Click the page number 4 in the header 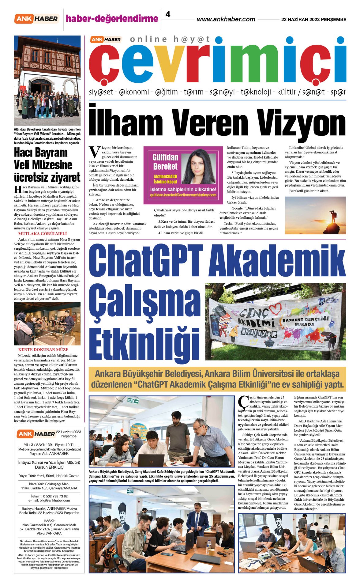[x=168, y=14]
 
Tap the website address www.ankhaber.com [x=226, y=19]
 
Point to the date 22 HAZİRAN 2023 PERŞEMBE [x=313, y=19]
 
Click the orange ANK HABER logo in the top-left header [x=36, y=19]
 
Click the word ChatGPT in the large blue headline [x=146, y=261]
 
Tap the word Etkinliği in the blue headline [x=144, y=345]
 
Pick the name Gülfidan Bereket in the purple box [x=165, y=162]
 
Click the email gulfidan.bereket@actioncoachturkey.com [x=183, y=195]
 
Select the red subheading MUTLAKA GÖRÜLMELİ [x=42, y=233]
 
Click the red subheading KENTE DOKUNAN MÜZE [x=43, y=350]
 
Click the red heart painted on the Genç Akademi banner [x=275, y=308]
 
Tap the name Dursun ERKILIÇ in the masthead [x=49, y=467]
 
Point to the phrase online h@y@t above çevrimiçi [x=170, y=39]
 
